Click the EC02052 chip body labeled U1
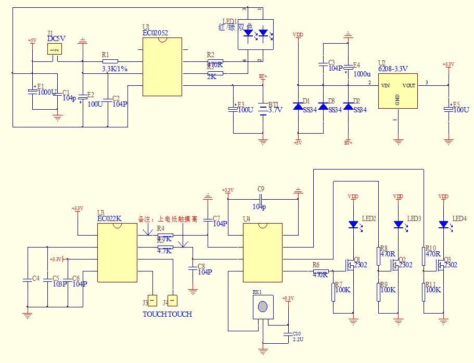point(162,67)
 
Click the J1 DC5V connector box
point(54,49)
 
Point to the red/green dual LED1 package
point(255,34)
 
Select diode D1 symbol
point(298,107)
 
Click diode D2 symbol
point(348,107)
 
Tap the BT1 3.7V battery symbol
point(263,108)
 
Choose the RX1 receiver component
point(263,307)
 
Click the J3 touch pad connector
point(152,300)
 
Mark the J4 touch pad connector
point(172,300)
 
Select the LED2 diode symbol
point(353,225)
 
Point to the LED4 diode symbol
point(443,225)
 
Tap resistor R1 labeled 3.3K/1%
point(110,61)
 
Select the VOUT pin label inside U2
point(409,85)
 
